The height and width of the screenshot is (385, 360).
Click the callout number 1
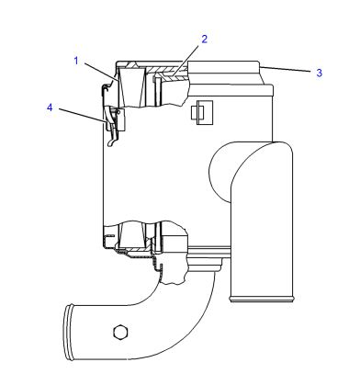[76, 61]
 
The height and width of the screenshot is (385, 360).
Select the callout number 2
[204, 40]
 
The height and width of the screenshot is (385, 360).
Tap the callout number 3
[320, 73]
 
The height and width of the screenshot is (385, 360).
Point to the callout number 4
[50, 108]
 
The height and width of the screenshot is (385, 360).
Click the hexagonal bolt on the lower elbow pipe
[120, 332]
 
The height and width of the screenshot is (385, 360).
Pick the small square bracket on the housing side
[202, 113]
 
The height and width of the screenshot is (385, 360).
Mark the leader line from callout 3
[286, 68]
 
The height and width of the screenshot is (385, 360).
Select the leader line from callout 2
[186, 61]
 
